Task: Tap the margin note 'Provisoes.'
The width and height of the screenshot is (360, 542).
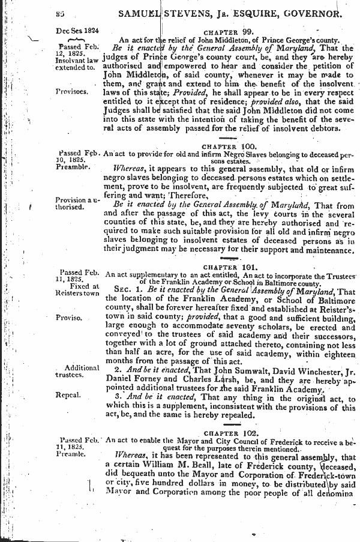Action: (72, 92)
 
